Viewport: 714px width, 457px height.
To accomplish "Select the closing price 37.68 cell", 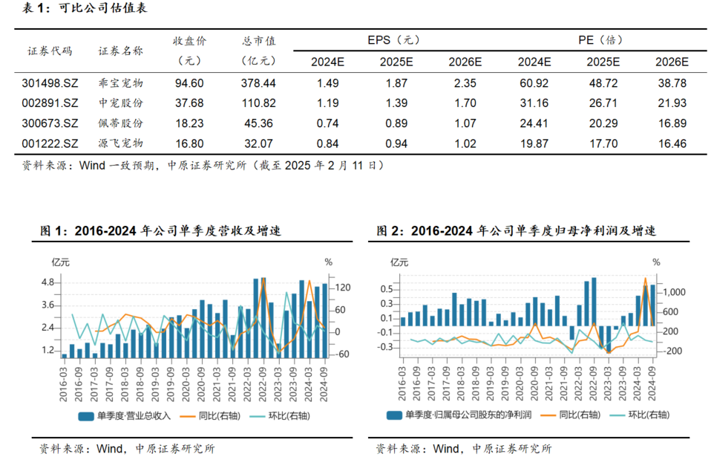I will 189,103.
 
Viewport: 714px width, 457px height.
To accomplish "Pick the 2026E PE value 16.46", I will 672,143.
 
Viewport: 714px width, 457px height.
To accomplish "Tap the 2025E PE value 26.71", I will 602,103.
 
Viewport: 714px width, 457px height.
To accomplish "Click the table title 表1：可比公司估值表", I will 82,10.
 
